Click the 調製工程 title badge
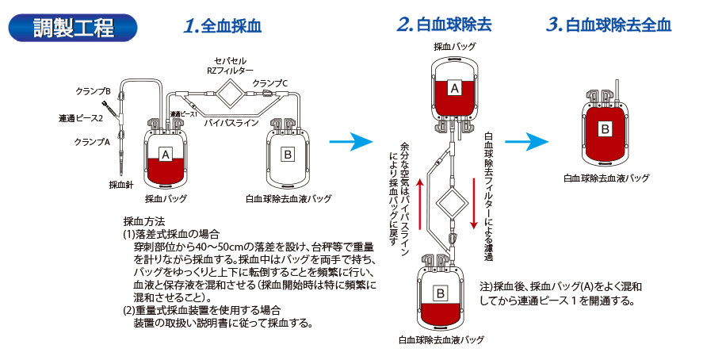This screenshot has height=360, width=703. point(73,26)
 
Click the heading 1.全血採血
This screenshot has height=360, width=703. point(221,25)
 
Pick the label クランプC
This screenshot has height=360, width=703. point(270,82)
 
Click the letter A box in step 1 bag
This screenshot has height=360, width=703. point(165,153)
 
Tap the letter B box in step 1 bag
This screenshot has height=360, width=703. point(288,152)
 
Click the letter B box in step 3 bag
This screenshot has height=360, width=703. point(605,127)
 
